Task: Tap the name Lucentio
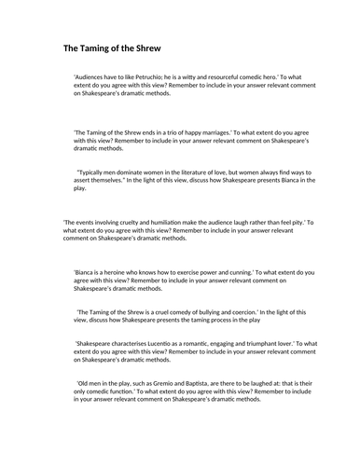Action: (173, 343)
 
